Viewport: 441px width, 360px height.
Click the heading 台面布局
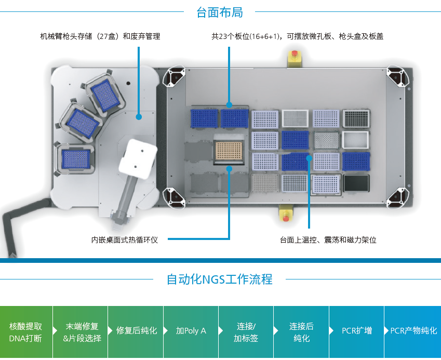(x=219, y=12)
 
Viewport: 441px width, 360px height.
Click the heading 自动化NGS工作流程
(x=219, y=279)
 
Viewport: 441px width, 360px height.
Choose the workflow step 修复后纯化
(x=137, y=331)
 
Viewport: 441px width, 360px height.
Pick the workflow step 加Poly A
(x=191, y=331)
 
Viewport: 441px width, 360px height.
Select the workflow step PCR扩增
(x=356, y=331)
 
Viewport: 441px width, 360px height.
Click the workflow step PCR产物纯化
(x=413, y=331)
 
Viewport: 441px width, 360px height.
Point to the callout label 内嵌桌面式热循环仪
(x=125, y=240)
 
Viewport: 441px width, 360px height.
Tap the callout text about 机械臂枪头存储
(x=100, y=37)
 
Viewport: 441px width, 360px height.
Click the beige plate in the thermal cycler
(x=229, y=152)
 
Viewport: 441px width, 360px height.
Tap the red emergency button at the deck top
(x=295, y=54)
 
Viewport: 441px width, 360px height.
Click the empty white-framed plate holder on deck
(x=355, y=139)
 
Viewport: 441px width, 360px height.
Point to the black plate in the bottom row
(x=355, y=182)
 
